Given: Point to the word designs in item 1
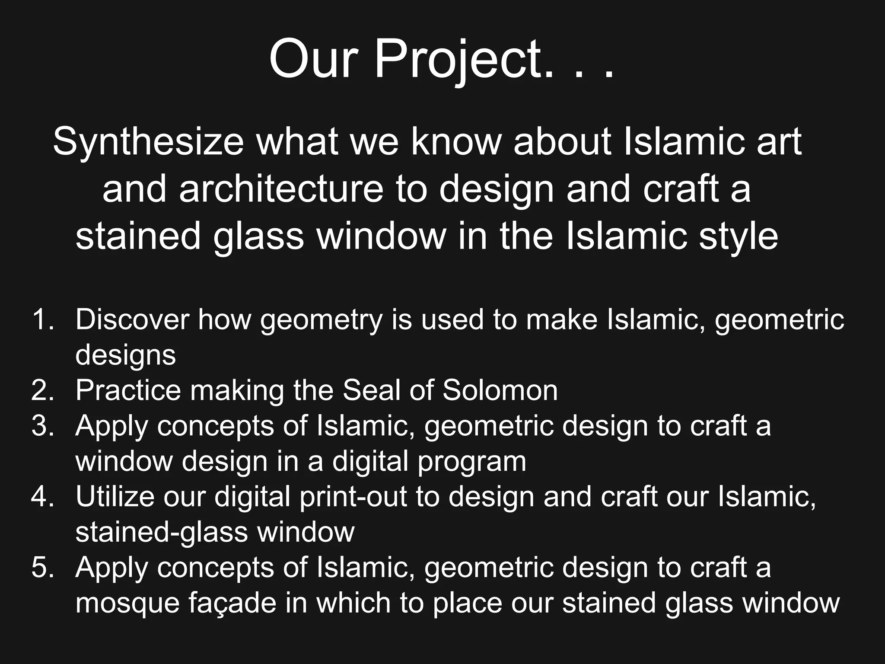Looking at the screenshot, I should click(126, 356).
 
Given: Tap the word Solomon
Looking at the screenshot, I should click(500, 390).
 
